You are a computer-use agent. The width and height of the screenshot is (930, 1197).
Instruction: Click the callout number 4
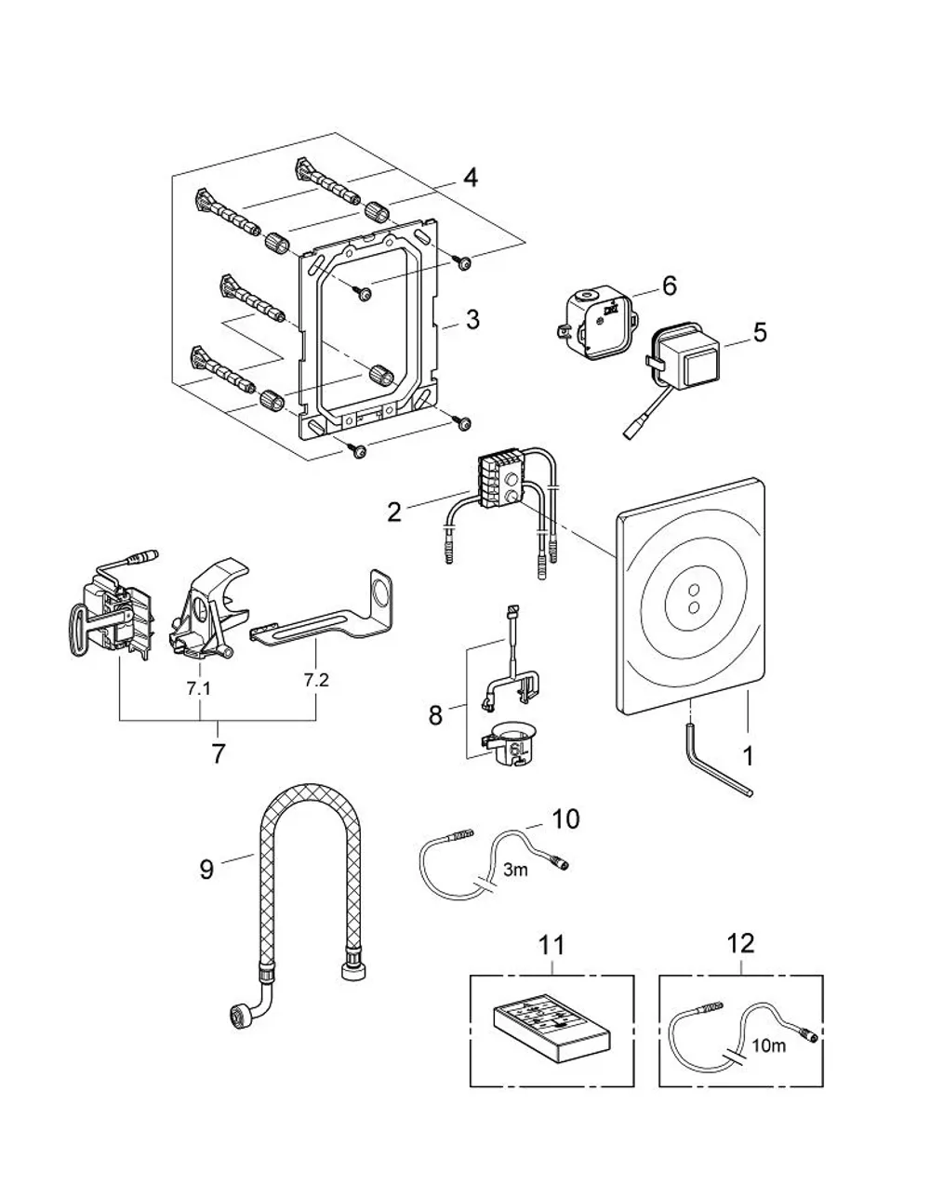pos(470,178)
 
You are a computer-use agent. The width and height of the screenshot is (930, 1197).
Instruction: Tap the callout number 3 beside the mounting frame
pos(472,320)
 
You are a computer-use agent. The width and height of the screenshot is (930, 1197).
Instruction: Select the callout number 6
pos(669,286)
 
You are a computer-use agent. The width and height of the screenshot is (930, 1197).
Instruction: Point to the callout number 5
pos(760,332)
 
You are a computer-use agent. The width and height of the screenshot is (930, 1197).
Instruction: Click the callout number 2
pos(394,512)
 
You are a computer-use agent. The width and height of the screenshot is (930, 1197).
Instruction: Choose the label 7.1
pos(198,688)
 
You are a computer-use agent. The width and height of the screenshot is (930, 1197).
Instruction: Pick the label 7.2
pos(316,680)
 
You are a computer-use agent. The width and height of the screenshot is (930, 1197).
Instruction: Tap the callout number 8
pos(435,715)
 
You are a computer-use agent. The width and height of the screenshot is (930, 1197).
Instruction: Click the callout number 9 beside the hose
pos(206,870)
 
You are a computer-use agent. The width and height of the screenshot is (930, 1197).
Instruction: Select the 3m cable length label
pos(515,870)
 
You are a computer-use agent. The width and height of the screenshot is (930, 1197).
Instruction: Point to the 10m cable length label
pos(769,1045)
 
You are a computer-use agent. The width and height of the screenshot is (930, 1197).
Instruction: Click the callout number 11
pos(551,945)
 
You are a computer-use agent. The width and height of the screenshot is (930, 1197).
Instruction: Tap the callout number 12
pos(740,943)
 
